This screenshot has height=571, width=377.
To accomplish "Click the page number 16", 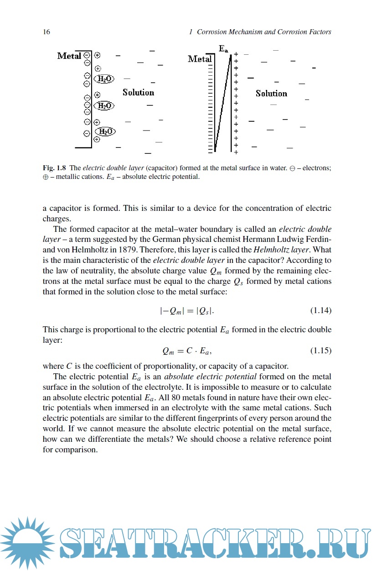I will click(x=46, y=32).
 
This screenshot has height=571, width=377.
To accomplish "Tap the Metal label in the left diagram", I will click(x=69, y=56).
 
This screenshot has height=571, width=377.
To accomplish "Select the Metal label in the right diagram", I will click(x=200, y=59).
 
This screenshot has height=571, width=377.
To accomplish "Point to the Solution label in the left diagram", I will click(x=138, y=93).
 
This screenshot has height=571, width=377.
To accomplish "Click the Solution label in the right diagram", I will click(x=271, y=94).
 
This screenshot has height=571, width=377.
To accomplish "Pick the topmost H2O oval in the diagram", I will click(x=104, y=79).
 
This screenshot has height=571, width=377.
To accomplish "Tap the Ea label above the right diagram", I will click(x=223, y=49).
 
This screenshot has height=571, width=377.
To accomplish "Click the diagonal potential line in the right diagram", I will click(x=223, y=103).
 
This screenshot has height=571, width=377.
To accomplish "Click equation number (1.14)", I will click(x=320, y=310).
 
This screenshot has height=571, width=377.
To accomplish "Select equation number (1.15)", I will click(x=320, y=351).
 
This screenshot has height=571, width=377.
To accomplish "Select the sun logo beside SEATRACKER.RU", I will click(x=28, y=542).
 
